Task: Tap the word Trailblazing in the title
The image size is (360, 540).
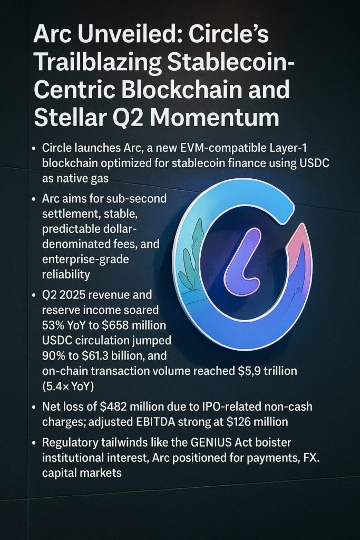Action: [x=98, y=63]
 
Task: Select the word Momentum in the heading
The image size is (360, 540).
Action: [x=215, y=118]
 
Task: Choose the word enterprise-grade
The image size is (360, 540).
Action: [x=85, y=259]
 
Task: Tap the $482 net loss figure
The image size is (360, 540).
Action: [x=113, y=407]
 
